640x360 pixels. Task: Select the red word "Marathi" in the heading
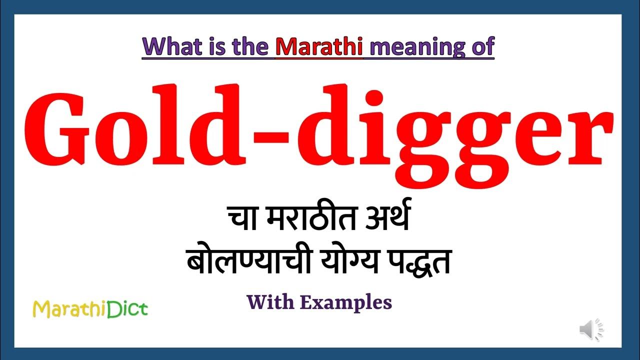319,46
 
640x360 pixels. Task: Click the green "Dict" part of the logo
129,309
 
